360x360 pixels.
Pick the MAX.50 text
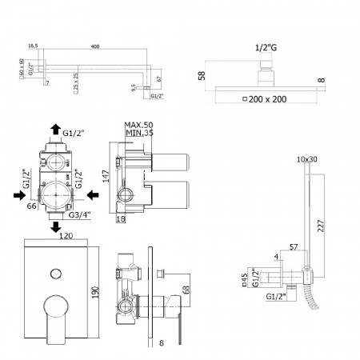tap(138, 125)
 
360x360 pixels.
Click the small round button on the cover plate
tap(54, 274)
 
